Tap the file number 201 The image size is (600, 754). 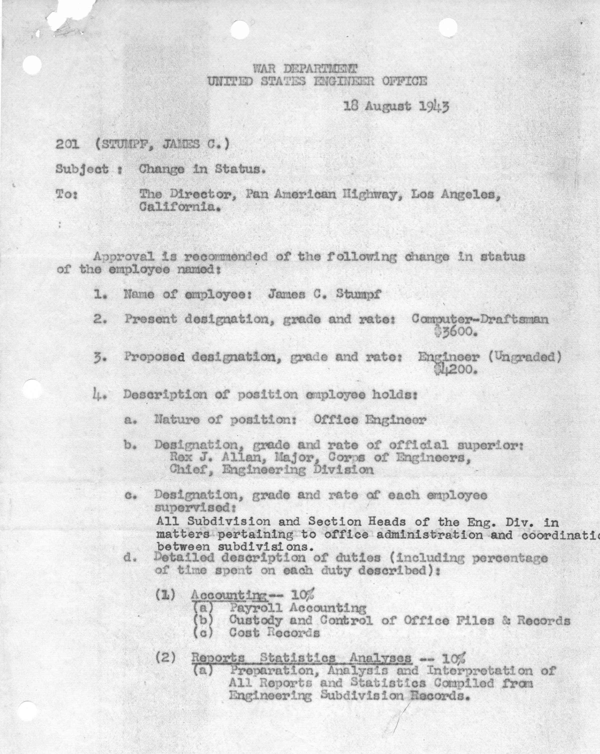click(67, 144)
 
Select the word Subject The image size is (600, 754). click(82, 170)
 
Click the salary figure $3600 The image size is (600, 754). click(456, 332)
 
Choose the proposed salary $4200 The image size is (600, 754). click(456, 370)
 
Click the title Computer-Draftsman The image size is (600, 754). click(480, 319)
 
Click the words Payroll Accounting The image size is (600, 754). click(297, 608)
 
